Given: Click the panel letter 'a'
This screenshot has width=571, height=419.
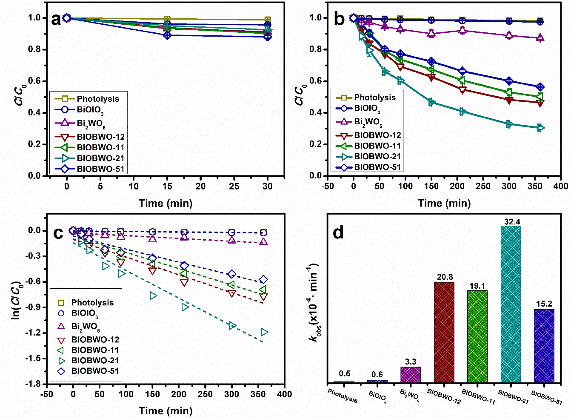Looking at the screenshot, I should point(56,19).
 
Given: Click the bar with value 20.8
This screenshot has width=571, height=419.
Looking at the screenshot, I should point(444,332).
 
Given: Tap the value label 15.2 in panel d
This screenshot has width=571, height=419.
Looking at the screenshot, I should point(544,304).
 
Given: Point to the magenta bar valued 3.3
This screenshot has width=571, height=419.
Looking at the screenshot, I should point(411,375).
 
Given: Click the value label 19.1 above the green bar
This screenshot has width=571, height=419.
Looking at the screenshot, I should point(477,286).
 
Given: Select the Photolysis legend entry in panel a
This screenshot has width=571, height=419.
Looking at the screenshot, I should point(88,99).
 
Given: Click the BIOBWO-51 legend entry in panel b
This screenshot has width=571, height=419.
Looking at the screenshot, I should point(368,167).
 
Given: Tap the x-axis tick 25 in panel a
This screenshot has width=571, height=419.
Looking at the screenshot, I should point(234,186).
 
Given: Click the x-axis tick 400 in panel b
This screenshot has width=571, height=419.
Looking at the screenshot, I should point(560,186).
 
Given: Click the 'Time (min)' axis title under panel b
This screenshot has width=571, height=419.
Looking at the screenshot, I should point(444,203).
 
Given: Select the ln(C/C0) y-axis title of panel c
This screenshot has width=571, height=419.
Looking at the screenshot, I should point(16,300).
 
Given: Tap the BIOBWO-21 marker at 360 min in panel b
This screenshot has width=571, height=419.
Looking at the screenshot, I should point(540,128).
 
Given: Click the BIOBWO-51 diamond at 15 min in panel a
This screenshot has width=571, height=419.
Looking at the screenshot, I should point(167,35).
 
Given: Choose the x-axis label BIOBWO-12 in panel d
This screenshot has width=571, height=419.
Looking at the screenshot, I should point(444,396).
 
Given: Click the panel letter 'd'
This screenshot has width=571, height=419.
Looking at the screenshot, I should point(338,233).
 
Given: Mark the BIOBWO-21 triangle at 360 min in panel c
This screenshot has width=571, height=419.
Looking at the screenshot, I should point(264,332).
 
